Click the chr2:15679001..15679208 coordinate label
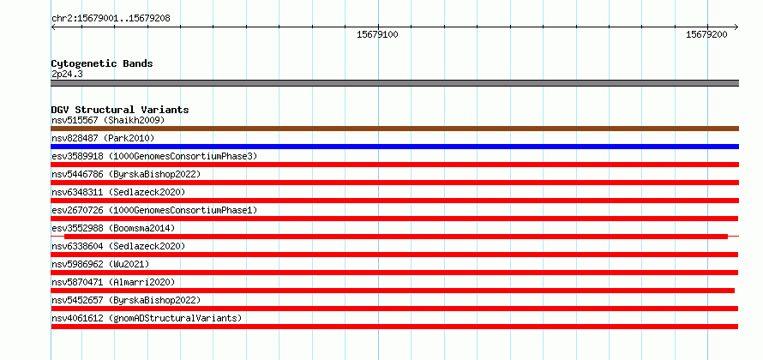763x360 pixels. (x=111, y=19)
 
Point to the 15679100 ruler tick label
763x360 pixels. (x=377, y=34)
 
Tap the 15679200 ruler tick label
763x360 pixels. (x=706, y=34)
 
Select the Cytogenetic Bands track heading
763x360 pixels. (x=102, y=63)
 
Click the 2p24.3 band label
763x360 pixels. (x=67, y=75)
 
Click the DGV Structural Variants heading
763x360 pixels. (x=120, y=110)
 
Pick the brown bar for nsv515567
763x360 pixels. (x=394, y=129)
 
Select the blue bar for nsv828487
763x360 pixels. (x=394, y=147)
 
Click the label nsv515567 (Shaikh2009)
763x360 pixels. (x=108, y=120)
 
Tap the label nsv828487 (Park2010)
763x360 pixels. (x=103, y=138)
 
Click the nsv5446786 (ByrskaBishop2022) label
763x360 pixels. (x=125, y=174)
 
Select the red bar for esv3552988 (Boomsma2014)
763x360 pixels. (x=395, y=237)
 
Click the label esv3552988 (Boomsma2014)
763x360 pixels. (x=113, y=228)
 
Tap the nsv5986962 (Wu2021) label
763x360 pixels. (x=100, y=264)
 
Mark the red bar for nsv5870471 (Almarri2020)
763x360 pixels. (x=393, y=291)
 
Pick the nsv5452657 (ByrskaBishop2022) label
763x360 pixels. (x=125, y=300)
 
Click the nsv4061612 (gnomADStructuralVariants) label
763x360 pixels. (x=147, y=318)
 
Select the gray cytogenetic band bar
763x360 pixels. (x=394, y=83)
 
